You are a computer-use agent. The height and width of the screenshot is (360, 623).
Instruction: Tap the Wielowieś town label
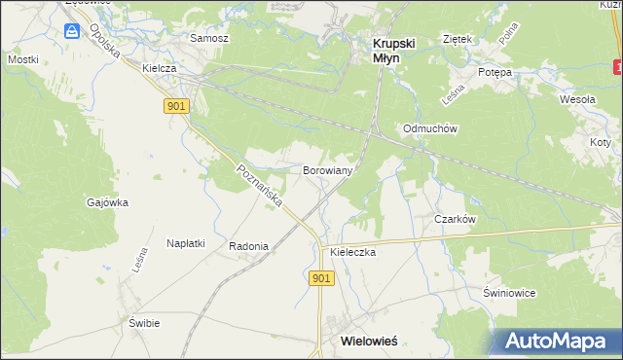point(375,342)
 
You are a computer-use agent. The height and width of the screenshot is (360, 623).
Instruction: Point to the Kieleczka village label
point(352,251)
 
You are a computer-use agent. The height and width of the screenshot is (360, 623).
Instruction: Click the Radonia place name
point(248,246)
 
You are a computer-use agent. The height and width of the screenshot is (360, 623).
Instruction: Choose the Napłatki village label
point(185,243)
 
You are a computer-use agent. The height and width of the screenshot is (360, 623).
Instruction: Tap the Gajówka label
point(107,202)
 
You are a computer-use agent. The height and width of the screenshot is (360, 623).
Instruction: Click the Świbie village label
point(143,322)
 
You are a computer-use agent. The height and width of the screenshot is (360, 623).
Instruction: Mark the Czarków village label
point(455,219)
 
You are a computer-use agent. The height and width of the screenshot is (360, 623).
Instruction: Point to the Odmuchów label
point(430,128)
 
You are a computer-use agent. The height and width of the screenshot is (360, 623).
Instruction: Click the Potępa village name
point(495,73)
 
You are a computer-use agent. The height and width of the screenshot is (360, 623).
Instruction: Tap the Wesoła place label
point(576,99)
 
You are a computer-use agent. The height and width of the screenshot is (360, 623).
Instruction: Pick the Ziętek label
point(457,39)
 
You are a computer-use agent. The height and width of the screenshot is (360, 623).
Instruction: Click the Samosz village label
point(209,38)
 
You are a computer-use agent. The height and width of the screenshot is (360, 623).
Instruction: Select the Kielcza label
point(158,69)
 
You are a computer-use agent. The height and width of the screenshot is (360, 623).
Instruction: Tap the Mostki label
point(22,59)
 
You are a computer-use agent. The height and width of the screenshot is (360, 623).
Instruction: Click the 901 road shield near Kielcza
point(176,106)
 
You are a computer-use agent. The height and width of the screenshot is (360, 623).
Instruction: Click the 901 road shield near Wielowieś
point(323,278)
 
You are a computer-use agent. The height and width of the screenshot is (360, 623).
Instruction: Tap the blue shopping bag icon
point(73,32)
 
